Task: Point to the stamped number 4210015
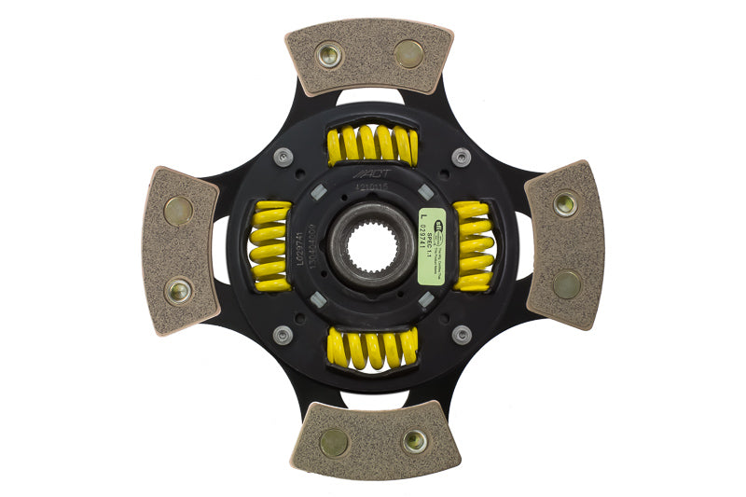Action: coord(372,186)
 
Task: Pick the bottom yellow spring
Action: coord(373,349)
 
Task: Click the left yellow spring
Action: coord(269,247)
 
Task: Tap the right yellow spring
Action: coord(474,247)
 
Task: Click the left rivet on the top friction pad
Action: coord(329,54)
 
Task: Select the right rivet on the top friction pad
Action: coord(408,52)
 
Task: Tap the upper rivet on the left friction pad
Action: coord(178,210)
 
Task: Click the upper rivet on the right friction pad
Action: coord(565,203)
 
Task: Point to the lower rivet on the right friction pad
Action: coord(566,283)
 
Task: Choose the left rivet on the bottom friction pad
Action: coord(334,442)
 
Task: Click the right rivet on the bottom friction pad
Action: coord(414,440)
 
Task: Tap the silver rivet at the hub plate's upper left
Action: coord(283,157)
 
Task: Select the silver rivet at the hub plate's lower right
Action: coord(461,335)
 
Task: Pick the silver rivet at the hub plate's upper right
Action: coord(461,157)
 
